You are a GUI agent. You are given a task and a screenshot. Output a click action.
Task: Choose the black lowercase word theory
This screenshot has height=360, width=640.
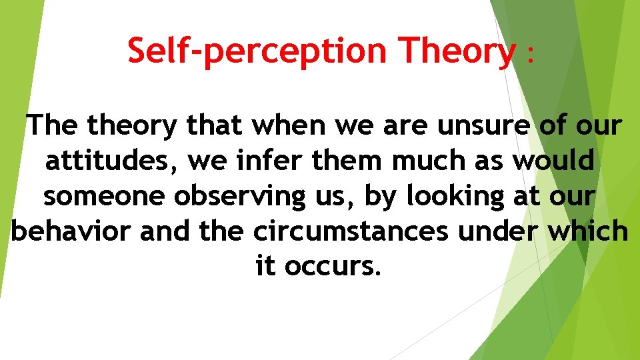tap(134, 125)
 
